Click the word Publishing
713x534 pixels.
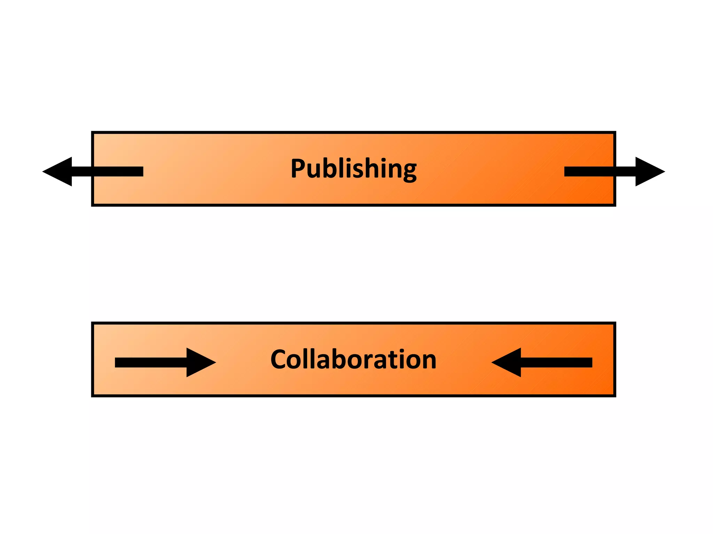[353, 169]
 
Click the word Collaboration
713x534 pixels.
[353, 359]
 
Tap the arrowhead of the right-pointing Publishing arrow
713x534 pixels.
[648, 171]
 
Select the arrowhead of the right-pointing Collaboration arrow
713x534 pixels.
[198, 362]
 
